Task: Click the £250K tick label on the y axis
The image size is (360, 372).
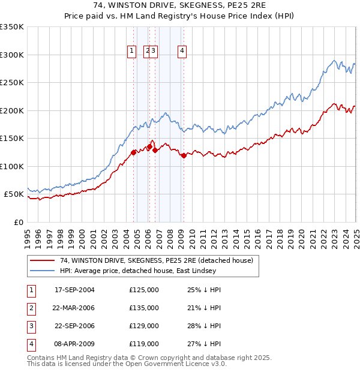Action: click(x=13, y=83)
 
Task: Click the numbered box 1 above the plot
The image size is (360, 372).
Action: click(x=131, y=52)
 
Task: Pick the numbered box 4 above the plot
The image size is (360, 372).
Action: click(x=181, y=52)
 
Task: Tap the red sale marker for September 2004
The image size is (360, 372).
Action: click(x=133, y=152)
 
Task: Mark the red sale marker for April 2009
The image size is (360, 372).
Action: click(x=183, y=155)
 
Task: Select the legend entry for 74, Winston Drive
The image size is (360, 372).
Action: click(x=157, y=260)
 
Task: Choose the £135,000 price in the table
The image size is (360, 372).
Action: click(x=144, y=308)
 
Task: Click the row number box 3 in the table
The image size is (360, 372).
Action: click(x=31, y=326)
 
